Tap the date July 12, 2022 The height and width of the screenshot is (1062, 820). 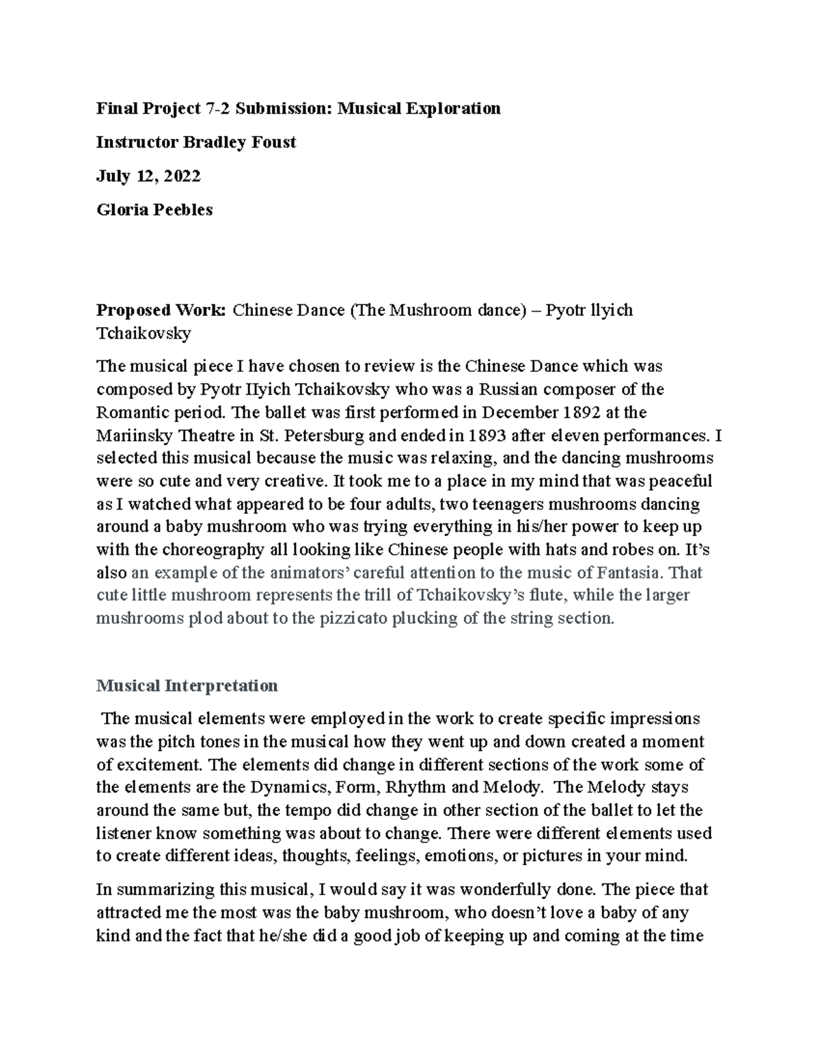point(148,176)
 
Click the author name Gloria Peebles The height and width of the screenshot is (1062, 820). point(154,210)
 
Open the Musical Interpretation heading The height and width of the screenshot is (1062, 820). point(187,685)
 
